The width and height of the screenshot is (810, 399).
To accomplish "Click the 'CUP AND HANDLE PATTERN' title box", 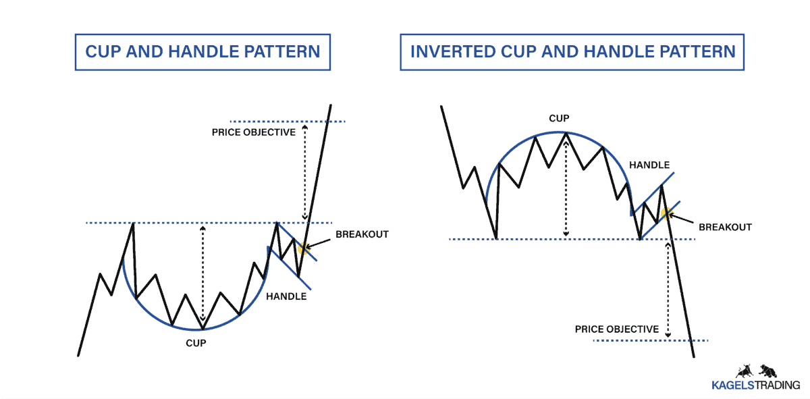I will point(202,52).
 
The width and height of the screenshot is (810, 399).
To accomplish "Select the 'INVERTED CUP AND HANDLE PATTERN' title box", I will point(572,52).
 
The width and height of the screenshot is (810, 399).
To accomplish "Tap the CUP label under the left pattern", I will point(196,342).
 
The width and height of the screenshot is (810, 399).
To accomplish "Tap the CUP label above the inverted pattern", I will point(559,118).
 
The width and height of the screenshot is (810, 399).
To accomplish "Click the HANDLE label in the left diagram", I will point(287,296).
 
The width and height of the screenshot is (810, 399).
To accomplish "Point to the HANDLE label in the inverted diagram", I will point(649,165).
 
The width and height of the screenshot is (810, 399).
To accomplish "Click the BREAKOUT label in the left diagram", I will point(362,234).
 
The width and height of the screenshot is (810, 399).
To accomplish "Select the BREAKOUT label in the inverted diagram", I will point(725,227).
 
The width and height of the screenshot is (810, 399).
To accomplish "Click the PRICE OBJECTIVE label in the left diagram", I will point(254,132).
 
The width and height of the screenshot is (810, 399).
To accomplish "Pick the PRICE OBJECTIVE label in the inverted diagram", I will point(617,329).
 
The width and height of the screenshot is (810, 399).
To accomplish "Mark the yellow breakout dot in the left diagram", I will point(302,248).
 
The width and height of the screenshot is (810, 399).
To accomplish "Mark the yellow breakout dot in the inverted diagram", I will point(666,215).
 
